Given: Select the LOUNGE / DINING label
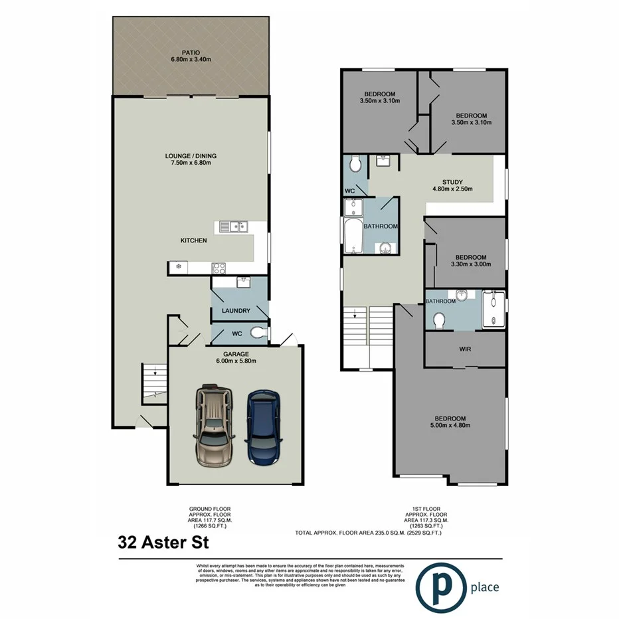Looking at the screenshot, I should (191, 156).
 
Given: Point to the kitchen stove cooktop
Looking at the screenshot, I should (220, 268).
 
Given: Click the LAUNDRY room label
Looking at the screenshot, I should (236, 311).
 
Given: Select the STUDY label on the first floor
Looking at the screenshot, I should (452, 182).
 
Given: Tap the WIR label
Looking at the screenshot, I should (465, 349).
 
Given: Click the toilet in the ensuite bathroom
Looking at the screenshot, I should (439, 321).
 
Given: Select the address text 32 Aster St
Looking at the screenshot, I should (163, 543).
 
